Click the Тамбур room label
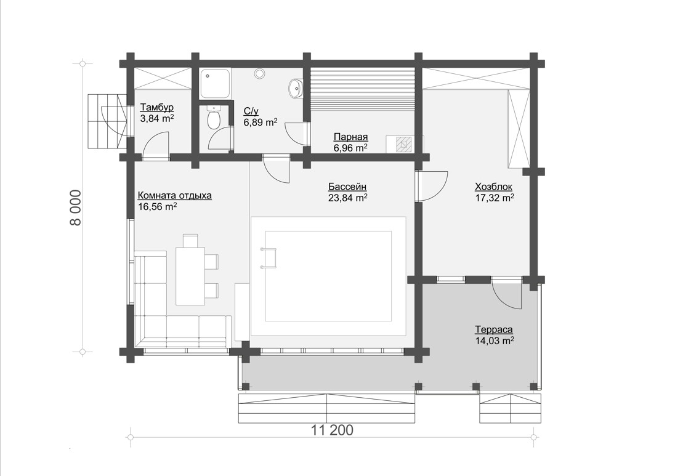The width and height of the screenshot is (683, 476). click(x=157, y=107)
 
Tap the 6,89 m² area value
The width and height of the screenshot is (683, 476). click(x=261, y=122)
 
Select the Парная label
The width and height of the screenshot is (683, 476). click(x=350, y=137)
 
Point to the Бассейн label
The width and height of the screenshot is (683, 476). click(x=347, y=187)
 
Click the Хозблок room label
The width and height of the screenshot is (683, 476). click(x=493, y=187)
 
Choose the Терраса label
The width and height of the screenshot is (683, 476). click(x=494, y=329)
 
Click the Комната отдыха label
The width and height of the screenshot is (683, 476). click(x=175, y=196)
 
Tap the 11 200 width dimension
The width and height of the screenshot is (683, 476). click(x=332, y=430)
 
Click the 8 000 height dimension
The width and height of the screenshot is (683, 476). click(x=75, y=208)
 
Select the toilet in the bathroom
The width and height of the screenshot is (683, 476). click(x=214, y=118)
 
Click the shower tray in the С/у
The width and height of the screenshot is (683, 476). click(x=215, y=83)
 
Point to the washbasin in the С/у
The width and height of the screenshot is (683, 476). click(x=295, y=88)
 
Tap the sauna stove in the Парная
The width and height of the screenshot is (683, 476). click(x=405, y=143)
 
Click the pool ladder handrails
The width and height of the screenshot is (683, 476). click(x=269, y=257)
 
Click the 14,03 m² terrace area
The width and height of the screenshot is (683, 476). click(x=494, y=341)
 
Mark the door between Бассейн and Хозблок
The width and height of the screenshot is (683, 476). click(x=430, y=186)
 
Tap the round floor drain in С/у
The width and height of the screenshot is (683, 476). click(x=260, y=74)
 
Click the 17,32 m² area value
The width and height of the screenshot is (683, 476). click(x=495, y=198)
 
